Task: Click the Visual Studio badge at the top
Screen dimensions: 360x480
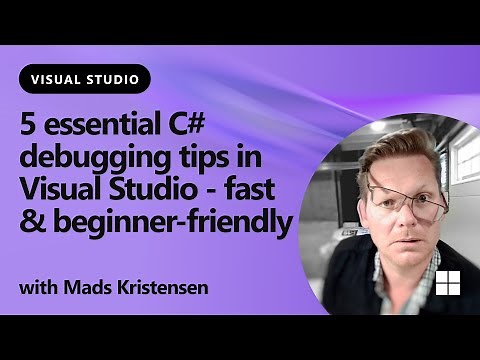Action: [85, 78]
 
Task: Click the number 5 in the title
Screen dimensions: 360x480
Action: [28, 127]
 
